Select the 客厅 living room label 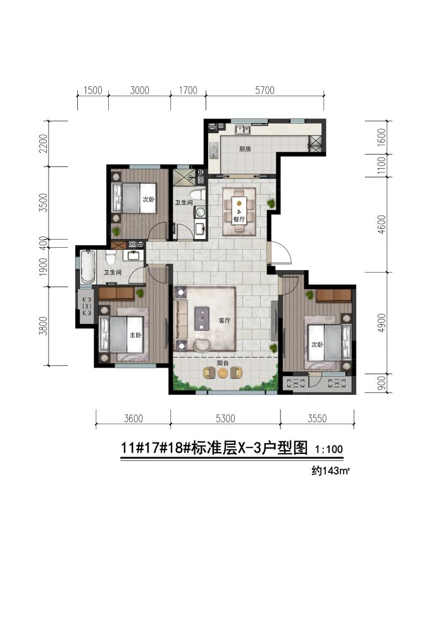tap(224, 321)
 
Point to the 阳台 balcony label tap(223, 364)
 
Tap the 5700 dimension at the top tap(265, 90)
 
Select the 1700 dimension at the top tap(188, 90)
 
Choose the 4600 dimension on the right tap(380, 226)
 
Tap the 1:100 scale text tap(328, 449)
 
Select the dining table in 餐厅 tap(239, 207)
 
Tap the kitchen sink tap(241, 131)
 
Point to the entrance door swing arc tap(282, 254)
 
